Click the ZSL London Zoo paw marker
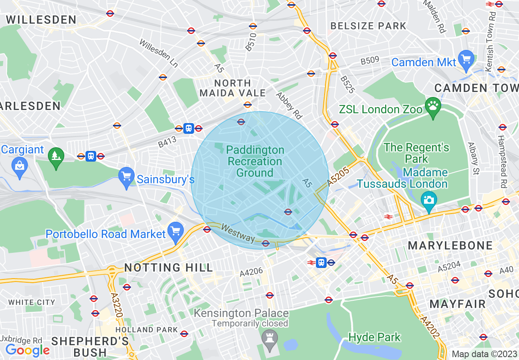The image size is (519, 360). [x=433, y=107]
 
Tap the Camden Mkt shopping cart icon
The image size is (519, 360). [x=466, y=59]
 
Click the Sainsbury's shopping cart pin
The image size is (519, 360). [x=126, y=177]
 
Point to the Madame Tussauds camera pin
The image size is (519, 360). [x=429, y=200]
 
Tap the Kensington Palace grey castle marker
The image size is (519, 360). [x=270, y=339]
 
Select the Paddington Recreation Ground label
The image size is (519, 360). [x=255, y=161]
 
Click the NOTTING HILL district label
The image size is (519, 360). [x=169, y=268]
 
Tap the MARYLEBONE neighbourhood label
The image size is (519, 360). [x=450, y=245]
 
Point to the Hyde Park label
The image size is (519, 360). [x=375, y=337]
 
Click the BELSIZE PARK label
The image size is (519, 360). [x=368, y=26]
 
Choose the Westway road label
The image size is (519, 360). [x=238, y=233]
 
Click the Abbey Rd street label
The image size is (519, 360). [x=289, y=106]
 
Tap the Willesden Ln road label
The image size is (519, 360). [x=159, y=53]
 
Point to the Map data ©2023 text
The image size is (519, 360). [x=484, y=354]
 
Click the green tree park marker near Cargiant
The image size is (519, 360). [x=56, y=157]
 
